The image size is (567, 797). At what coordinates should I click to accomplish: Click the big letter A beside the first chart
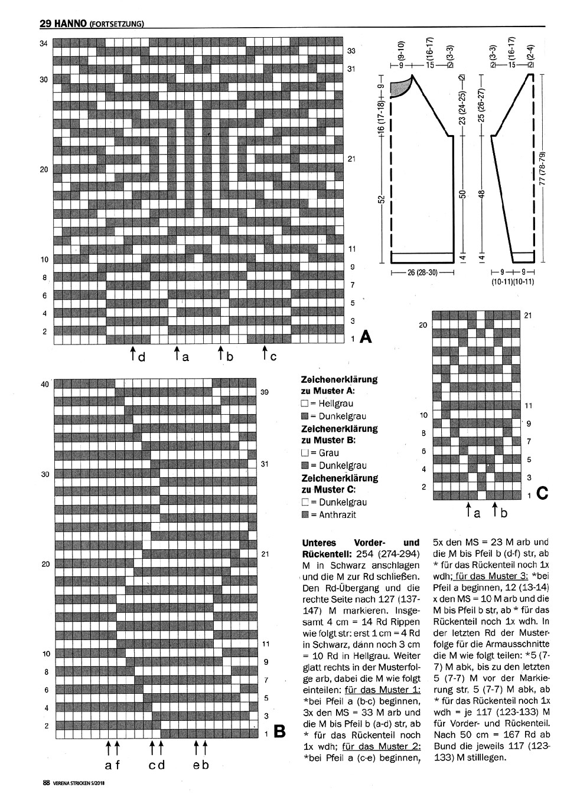tap(366, 337)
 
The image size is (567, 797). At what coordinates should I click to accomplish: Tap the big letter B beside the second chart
tap(279, 732)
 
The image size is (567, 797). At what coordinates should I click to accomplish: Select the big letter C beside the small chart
tap(542, 494)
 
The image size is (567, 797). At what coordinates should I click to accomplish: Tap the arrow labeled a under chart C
tap(469, 510)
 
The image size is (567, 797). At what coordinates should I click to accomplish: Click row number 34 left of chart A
tap(44, 43)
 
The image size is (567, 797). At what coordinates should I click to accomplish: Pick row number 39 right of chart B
tap(265, 392)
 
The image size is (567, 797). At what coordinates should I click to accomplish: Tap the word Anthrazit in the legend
tap(337, 514)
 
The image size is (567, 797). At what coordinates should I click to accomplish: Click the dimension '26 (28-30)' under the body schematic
tap(422, 273)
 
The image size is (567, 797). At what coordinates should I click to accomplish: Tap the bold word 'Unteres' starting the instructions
tap(320, 542)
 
